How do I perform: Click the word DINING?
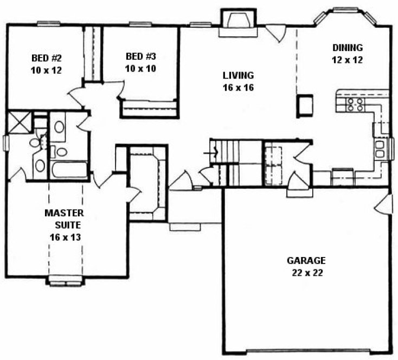348,48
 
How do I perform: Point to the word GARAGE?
306,260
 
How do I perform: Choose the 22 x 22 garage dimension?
306,273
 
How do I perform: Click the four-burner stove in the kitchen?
355,104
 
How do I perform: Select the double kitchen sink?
380,148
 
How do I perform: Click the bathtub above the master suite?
68,170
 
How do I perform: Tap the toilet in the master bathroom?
36,143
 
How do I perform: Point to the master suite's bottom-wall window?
65,280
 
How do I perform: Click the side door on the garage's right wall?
384,203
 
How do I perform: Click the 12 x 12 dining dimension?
348,60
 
